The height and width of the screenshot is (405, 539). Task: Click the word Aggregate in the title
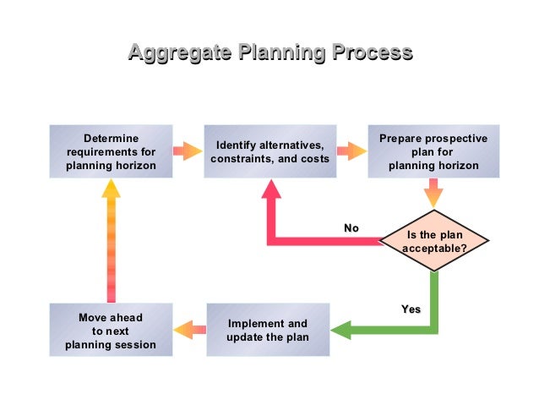coord(178,53)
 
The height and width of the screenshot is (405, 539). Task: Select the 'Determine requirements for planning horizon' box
coord(111,151)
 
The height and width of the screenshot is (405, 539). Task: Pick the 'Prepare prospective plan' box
coord(433,151)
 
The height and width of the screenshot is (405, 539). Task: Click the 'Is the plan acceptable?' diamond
coord(434,241)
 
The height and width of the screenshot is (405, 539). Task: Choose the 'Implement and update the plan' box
coord(268,330)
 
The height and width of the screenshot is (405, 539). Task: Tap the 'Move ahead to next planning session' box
coord(111,330)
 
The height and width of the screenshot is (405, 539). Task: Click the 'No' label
coord(351,228)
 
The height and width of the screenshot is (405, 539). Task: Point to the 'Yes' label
coord(411,309)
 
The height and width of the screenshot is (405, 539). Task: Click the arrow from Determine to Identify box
coord(188,151)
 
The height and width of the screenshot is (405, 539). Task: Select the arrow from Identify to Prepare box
coord(351,151)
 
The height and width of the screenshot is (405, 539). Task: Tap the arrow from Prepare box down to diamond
coord(433,194)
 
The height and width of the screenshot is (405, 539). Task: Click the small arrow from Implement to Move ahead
coord(190,330)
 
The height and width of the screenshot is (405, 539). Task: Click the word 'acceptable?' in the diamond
coord(434,249)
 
